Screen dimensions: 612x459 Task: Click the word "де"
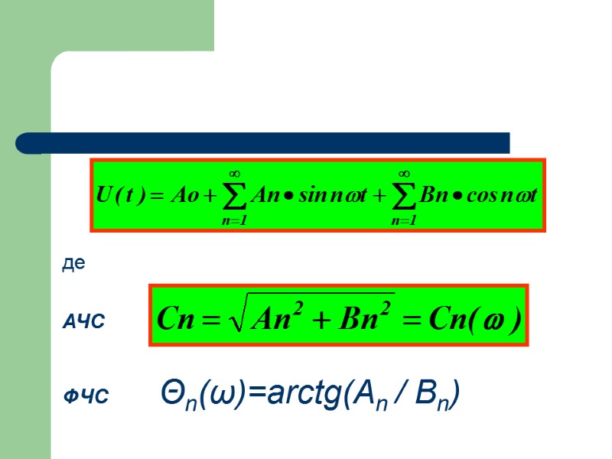[x=73, y=265]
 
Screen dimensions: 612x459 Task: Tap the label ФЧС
[x=86, y=396]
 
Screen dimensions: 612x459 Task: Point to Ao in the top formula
[x=186, y=194]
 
